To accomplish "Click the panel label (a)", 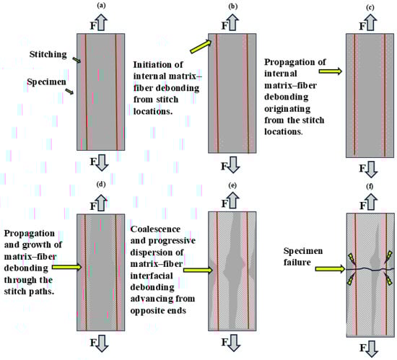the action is (x=101, y=6).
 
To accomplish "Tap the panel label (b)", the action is (x=232, y=6).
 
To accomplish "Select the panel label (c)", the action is (x=370, y=7).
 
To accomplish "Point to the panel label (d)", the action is (x=101, y=184).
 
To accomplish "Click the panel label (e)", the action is (x=232, y=185).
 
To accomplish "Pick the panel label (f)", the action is (x=370, y=186).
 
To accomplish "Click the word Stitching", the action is (x=48, y=54).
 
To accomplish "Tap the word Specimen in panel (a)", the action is (x=47, y=82).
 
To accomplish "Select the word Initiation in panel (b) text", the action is (x=151, y=65).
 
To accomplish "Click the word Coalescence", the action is (x=155, y=229).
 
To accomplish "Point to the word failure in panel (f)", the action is (x=297, y=263).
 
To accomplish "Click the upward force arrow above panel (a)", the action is (x=101, y=22).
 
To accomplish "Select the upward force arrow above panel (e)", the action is (x=232, y=200).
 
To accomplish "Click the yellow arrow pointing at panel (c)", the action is (x=331, y=71).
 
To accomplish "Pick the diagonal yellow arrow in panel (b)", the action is (x=201, y=47).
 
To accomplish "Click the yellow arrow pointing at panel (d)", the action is (x=67, y=267).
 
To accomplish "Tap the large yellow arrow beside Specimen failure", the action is (x=330, y=268).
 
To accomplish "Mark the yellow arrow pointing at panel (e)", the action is (x=198, y=271).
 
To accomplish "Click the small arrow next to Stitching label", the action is (x=77, y=60).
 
